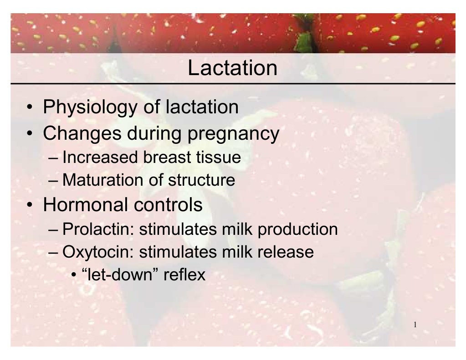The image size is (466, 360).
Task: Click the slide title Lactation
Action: (232, 68)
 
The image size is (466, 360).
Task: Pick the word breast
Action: (165, 157)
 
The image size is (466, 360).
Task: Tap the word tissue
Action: (218, 157)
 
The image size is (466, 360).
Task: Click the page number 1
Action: (415, 325)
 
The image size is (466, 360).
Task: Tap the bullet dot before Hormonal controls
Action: (29, 206)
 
